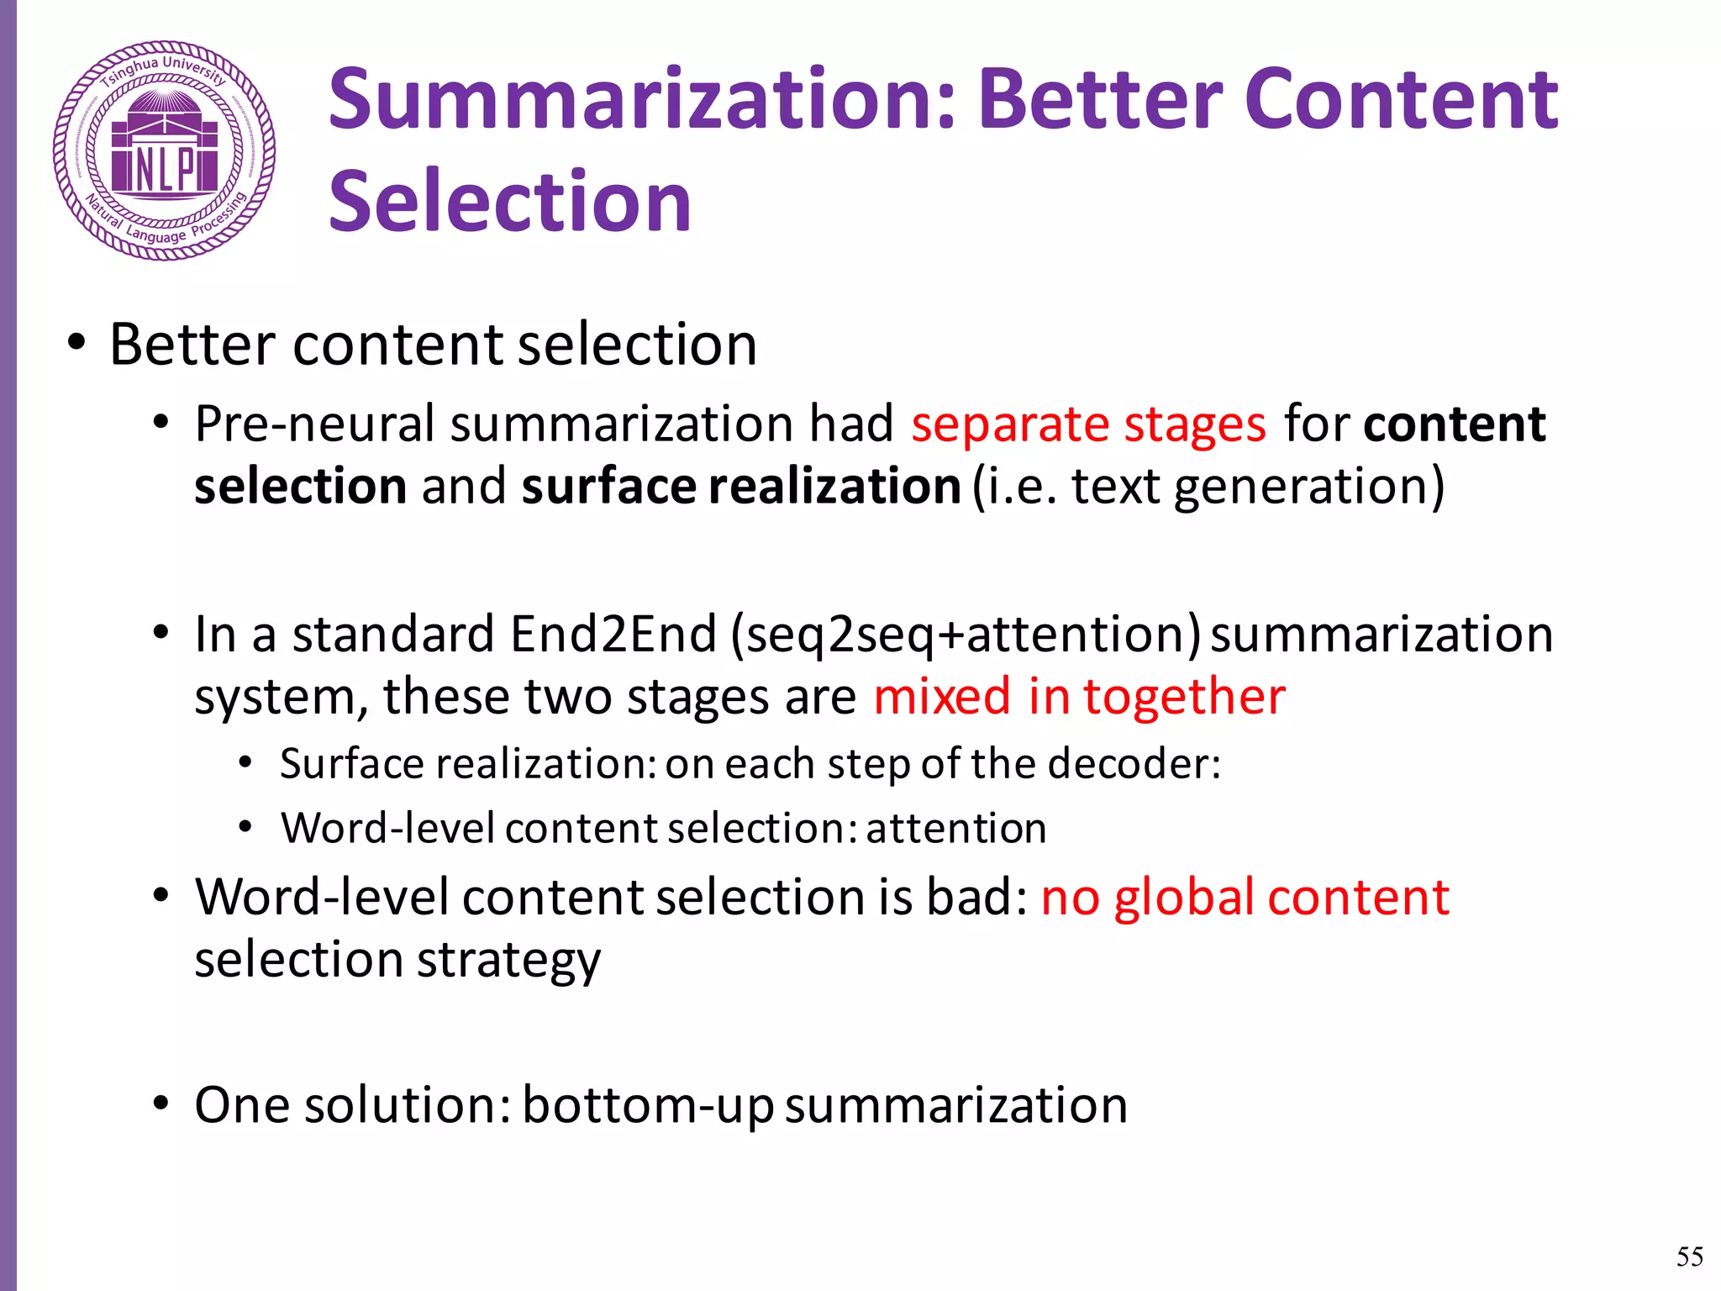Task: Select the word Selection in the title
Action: (x=509, y=202)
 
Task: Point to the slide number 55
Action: (x=1689, y=1257)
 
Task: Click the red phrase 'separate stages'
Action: (x=1088, y=424)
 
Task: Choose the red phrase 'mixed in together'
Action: (x=1079, y=698)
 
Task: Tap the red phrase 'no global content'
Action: (x=1245, y=898)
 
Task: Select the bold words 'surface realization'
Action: (x=740, y=487)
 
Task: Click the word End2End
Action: (x=613, y=635)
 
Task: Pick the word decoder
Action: (x=1134, y=765)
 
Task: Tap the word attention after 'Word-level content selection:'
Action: (x=956, y=830)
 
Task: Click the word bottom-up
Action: (x=647, y=1106)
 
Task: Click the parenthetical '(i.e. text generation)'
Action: (x=1208, y=487)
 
